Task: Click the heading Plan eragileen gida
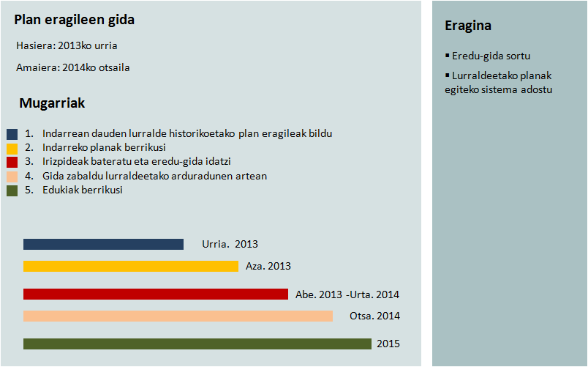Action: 74,21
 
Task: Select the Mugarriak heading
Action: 52,103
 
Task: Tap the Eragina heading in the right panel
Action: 467,26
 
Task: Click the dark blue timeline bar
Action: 103,245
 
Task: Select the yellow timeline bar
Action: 131,267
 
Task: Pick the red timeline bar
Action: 156,294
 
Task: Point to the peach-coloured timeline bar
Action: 178,316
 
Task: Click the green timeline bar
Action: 197,344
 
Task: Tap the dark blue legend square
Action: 12,134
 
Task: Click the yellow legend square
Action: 12,148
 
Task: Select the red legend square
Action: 12,162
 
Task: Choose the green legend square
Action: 12,190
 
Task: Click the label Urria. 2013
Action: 230,245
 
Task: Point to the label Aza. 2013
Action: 269,267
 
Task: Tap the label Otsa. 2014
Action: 374,316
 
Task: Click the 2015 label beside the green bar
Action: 388,344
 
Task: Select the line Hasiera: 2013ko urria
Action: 67,46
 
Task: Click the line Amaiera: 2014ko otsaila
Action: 73,68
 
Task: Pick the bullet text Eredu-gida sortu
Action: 491,56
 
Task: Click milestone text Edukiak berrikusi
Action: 82,190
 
